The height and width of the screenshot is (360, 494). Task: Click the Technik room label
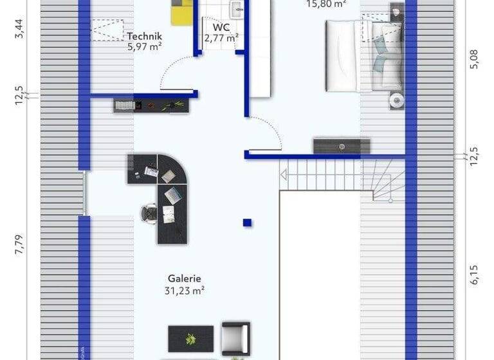[x=144, y=37]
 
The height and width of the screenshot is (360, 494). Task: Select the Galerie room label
[x=185, y=278]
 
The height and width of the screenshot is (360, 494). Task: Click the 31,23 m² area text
[x=185, y=291]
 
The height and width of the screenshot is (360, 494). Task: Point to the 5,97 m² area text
[x=144, y=46]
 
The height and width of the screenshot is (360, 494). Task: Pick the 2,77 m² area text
[x=221, y=39]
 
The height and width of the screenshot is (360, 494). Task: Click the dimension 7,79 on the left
[x=19, y=246]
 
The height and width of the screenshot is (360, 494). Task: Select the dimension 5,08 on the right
[x=474, y=59]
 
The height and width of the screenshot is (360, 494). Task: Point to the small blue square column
[x=247, y=223]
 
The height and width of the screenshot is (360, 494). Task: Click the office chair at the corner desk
[x=149, y=212]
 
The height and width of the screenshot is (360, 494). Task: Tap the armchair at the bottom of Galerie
[x=235, y=337]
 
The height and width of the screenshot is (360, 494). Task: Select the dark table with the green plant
[x=190, y=338]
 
